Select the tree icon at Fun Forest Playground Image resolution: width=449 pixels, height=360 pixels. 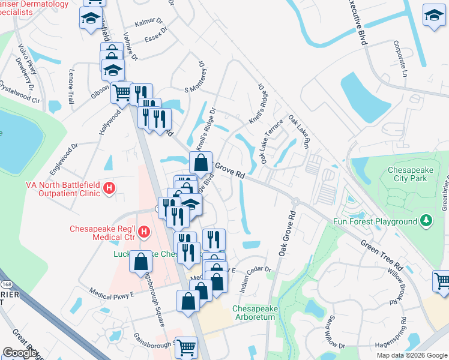(x=426, y=221)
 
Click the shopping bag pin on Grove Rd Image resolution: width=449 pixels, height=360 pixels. (x=200, y=163)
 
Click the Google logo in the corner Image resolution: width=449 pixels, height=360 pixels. (x=20, y=353)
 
